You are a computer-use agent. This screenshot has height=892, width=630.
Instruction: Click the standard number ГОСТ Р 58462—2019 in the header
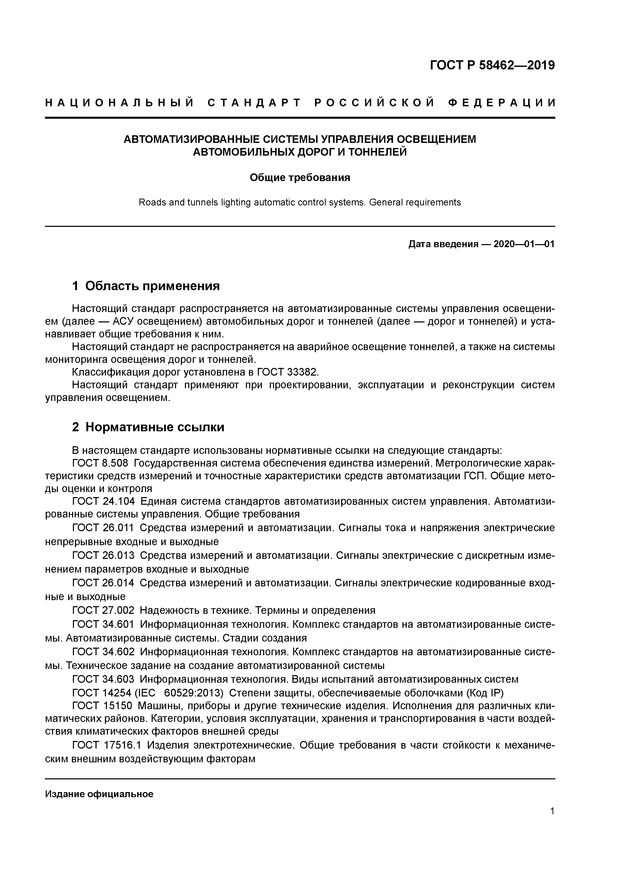click(x=492, y=65)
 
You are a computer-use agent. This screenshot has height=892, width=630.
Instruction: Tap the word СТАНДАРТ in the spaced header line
click(x=254, y=103)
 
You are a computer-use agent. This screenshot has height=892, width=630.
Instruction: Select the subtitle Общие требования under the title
click(x=300, y=178)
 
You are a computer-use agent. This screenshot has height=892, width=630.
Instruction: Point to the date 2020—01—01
click(x=524, y=244)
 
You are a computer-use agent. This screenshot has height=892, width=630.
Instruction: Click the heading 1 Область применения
click(x=146, y=286)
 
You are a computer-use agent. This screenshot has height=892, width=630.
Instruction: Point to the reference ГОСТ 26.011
click(x=103, y=528)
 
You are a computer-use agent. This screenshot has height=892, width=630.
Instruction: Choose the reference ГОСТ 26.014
click(x=103, y=583)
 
